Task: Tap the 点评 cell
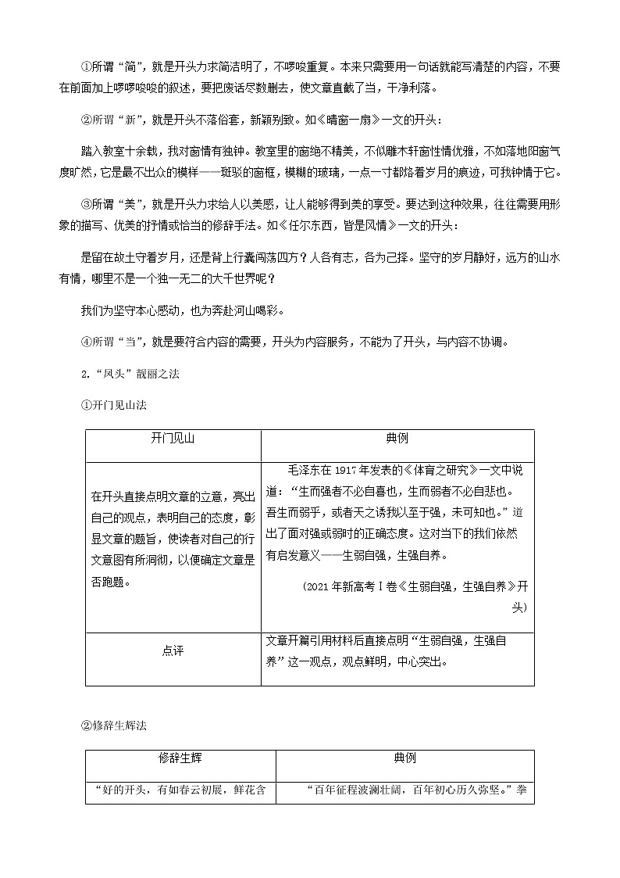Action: click(x=173, y=650)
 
